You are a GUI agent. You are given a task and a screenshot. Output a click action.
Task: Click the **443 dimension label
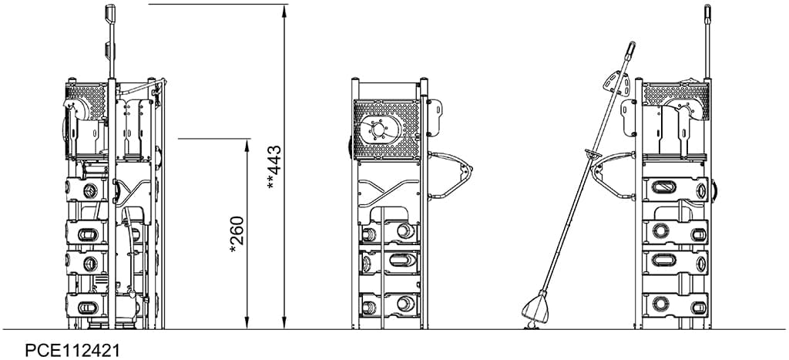(x=274, y=167)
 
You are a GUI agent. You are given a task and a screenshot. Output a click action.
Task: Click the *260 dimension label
(x=237, y=234)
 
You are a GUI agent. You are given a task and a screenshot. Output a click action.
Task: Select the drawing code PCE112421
(x=73, y=350)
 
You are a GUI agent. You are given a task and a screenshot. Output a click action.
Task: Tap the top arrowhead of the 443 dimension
(x=284, y=11)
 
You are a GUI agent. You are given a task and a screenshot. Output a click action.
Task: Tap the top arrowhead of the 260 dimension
(x=247, y=145)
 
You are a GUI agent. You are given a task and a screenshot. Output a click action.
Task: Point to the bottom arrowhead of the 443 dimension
(x=284, y=323)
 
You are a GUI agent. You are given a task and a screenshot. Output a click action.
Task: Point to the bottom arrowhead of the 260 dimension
(x=247, y=323)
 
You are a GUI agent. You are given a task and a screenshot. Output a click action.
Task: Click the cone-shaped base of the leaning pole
(x=536, y=308)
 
